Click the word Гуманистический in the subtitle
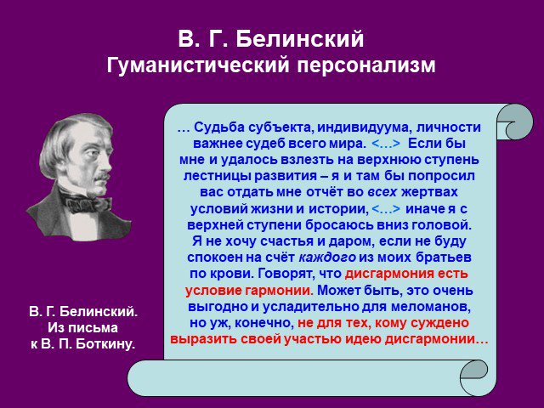[198, 65]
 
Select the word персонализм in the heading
[365, 65]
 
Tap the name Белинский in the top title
[300, 38]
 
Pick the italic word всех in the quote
[382, 192]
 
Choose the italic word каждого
[327, 258]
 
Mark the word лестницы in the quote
[217, 176]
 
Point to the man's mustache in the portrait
[102, 177]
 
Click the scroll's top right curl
[516, 122]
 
